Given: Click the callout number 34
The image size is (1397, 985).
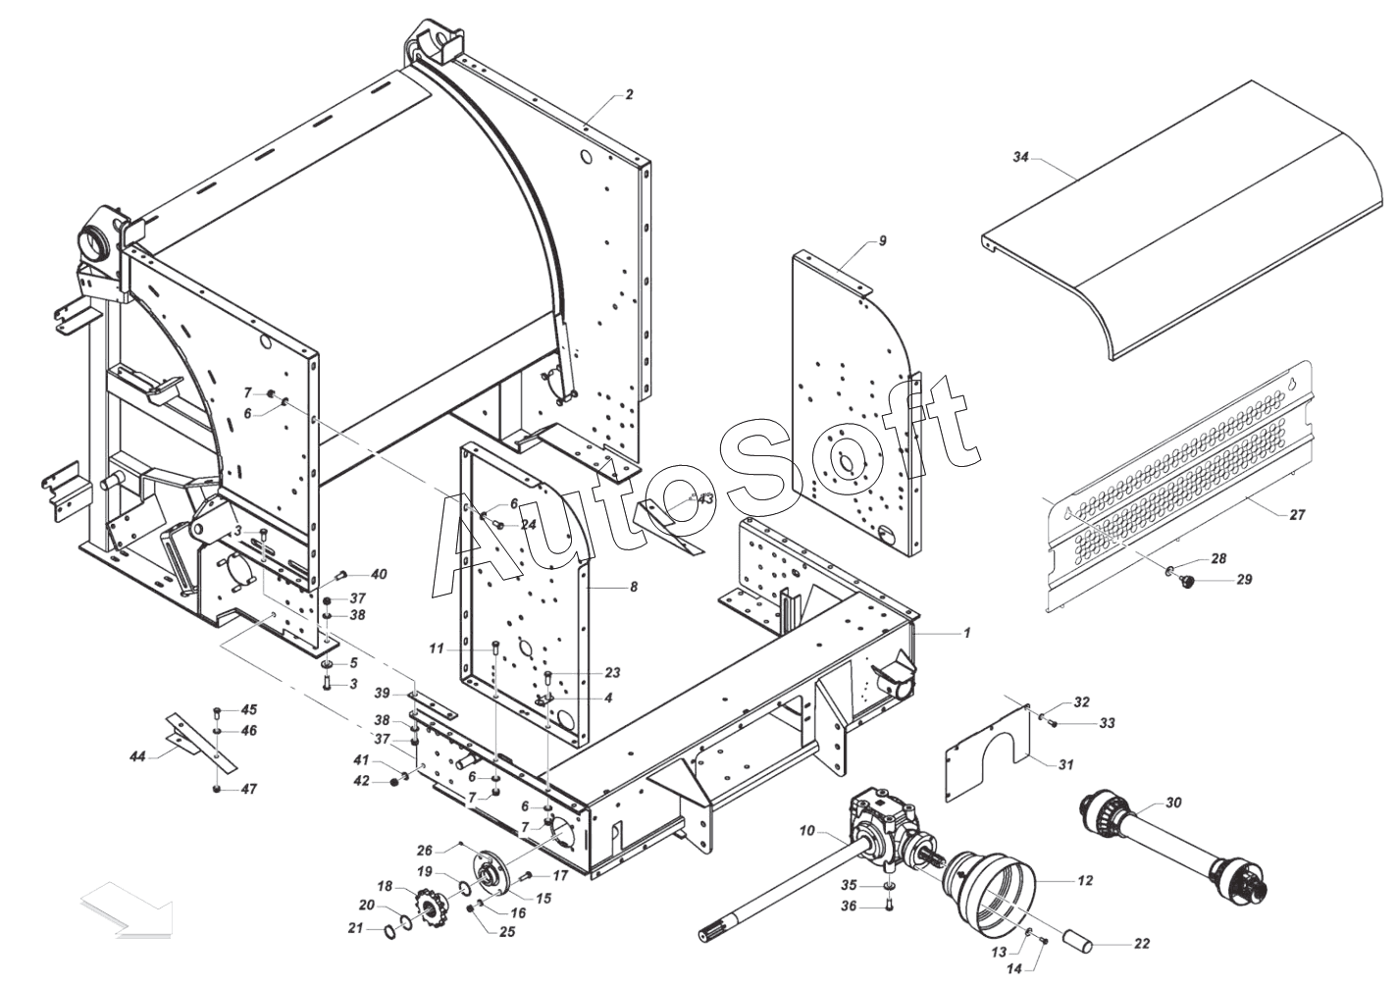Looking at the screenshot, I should click(1020, 157).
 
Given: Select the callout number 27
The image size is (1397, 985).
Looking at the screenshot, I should click(1297, 514).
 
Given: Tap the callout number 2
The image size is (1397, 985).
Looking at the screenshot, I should click(629, 95).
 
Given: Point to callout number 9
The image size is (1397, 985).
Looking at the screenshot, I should click(882, 240).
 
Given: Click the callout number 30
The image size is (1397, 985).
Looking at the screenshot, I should click(1173, 803).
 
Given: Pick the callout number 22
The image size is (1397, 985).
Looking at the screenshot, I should click(1141, 944).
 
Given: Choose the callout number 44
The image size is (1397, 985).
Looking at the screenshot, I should click(138, 756).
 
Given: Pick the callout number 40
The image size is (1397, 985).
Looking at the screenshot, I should click(379, 574).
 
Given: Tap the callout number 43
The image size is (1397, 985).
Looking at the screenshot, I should click(705, 499).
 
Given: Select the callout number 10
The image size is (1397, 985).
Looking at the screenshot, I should click(806, 831).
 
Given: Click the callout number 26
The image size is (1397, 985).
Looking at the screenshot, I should click(424, 850).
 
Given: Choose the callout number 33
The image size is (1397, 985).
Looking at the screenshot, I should click(1107, 723).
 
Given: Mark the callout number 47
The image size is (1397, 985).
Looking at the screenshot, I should click(248, 789).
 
